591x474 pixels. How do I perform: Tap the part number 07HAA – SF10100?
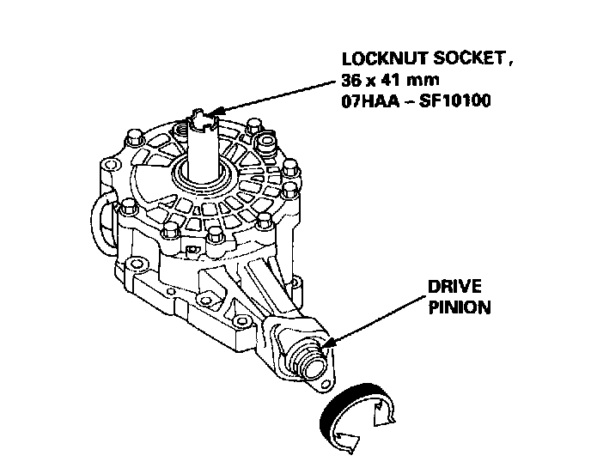point(403,100)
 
